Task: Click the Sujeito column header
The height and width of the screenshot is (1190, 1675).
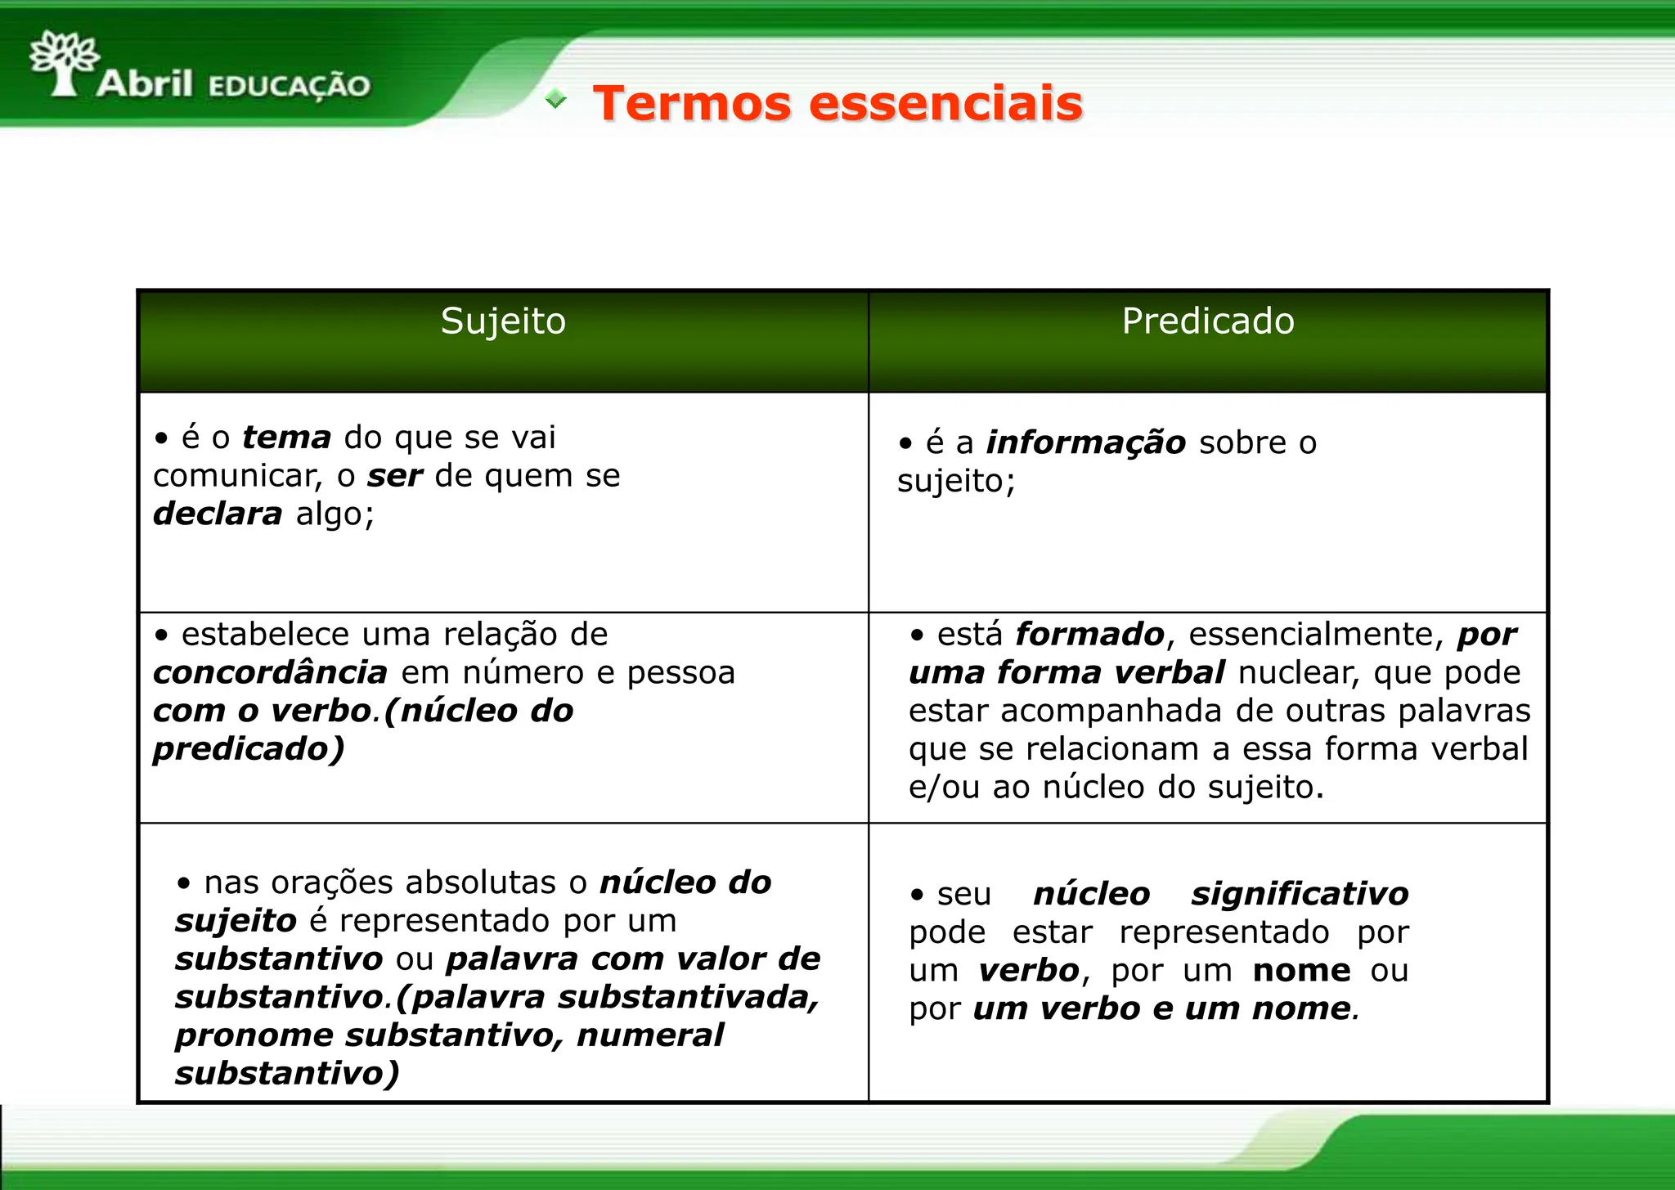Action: (503, 321)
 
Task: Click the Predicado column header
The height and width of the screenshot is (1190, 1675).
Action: (1207, 321)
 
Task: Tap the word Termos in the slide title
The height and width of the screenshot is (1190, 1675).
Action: (692, 104)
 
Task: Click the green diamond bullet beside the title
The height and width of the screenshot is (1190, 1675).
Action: (556, 99)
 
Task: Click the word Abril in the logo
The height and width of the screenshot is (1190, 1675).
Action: (145, 83)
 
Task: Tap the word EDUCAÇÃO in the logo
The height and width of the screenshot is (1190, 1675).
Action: (290, 86)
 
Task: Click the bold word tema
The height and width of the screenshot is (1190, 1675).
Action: (286, 438)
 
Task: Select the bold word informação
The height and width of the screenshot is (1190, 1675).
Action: (1085, 442)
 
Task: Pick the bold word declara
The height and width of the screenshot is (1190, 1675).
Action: (218, 514)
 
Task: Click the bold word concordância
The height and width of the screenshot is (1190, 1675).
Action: (270, 673)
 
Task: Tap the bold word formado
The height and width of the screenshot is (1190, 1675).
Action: (1089, 635)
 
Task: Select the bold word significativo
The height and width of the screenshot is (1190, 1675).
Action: (1300, 894)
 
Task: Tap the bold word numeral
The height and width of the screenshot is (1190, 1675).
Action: (649, 1035)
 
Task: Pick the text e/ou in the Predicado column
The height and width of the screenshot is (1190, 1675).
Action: (944, 788)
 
